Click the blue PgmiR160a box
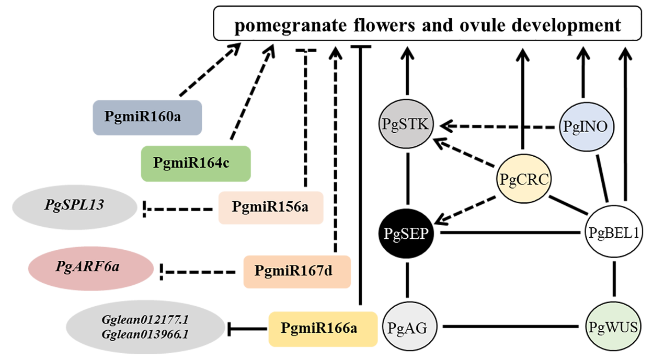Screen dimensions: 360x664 coord(147,117)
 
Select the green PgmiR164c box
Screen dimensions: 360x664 coord(196,163)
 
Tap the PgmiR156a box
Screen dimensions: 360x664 coord(270,208)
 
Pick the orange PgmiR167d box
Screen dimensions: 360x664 coord(296,271)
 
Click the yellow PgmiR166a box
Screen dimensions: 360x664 coord(323,329)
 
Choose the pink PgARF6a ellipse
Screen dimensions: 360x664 coord(88,268)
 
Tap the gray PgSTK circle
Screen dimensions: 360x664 coord(406,125)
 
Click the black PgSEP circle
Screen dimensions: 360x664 coord(406,234)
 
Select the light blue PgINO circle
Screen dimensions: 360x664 coord(586,126)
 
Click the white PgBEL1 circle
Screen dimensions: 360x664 coord(613,233)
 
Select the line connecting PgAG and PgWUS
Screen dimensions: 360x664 coord(512,328)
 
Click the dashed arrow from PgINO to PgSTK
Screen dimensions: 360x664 coord(499,126)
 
